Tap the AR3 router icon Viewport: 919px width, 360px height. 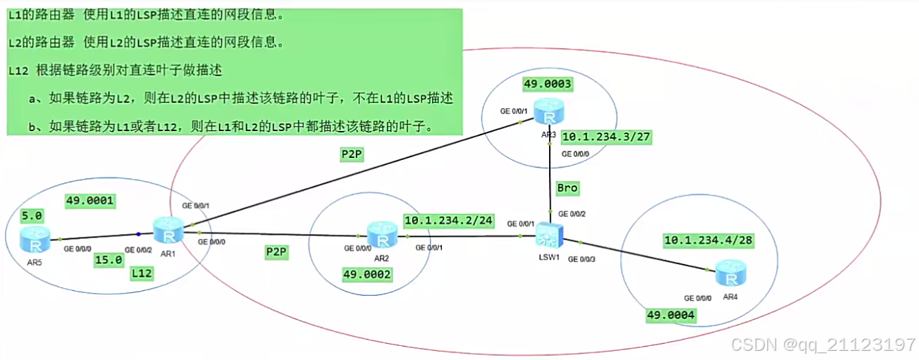point(545,110)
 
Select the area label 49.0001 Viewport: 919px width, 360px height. point(90,201)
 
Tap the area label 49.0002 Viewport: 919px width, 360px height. point(367,274)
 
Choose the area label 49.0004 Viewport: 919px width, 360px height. point(671,315)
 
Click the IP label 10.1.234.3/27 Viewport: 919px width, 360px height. point(606,137)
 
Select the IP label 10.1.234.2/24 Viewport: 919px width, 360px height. point(448,221)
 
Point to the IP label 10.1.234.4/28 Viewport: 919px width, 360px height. point(708,241)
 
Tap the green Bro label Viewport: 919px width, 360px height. point(567,189)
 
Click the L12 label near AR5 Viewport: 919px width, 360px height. point(142,275)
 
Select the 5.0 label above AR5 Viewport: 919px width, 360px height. point(32,215)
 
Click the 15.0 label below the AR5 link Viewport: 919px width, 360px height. point(109,259)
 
